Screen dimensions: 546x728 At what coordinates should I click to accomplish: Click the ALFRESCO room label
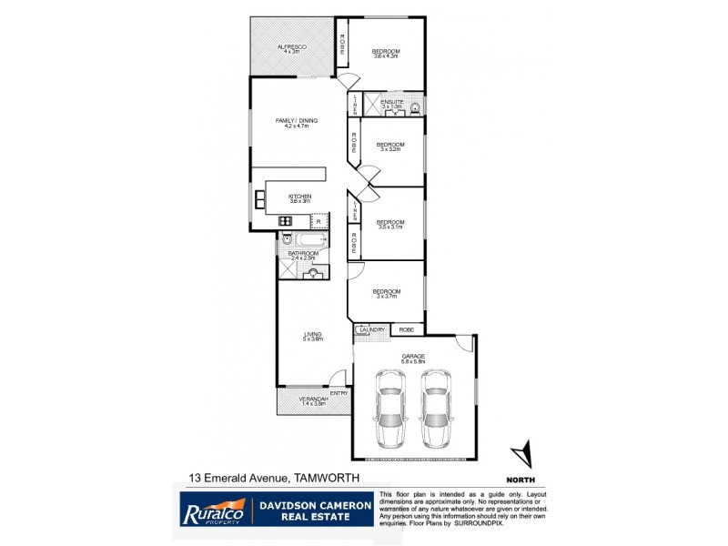click(291, 45)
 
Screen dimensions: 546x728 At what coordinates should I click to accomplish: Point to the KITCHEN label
click(300, 197)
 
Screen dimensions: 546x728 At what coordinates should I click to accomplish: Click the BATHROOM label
click(302, 254)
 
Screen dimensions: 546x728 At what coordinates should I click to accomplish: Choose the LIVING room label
click(313, 334)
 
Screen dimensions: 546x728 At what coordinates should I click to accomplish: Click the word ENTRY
click(339, 393)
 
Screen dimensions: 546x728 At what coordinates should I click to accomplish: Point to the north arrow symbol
click(522, 452)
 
